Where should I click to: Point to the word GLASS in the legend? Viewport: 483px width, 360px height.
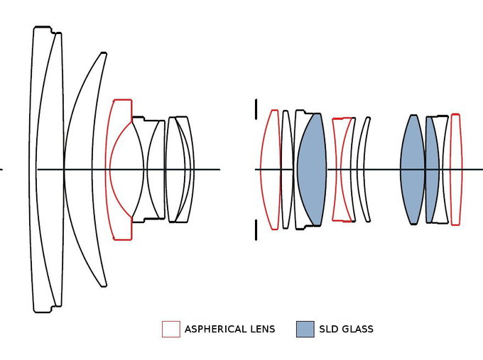point(357,329)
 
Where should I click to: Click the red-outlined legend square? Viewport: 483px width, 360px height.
point(170,329)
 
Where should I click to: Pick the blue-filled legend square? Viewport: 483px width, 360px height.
point(305,329)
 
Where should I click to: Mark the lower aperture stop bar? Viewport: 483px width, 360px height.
point(256,230)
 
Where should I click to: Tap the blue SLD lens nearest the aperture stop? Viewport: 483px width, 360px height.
point(311,169)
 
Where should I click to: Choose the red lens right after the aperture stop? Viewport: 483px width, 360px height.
point(270,169)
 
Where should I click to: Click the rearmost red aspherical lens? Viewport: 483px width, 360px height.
point(455,169)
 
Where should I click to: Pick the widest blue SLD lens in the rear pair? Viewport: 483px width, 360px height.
point(412,169)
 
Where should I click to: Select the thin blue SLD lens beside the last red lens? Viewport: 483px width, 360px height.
point(432,169)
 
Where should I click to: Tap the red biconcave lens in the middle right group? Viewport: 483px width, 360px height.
point(343,169)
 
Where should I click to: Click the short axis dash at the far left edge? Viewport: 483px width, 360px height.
point(1,169)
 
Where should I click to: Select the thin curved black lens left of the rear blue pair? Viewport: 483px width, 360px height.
point(363,169)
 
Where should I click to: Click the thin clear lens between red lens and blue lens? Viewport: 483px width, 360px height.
point(286,169)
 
